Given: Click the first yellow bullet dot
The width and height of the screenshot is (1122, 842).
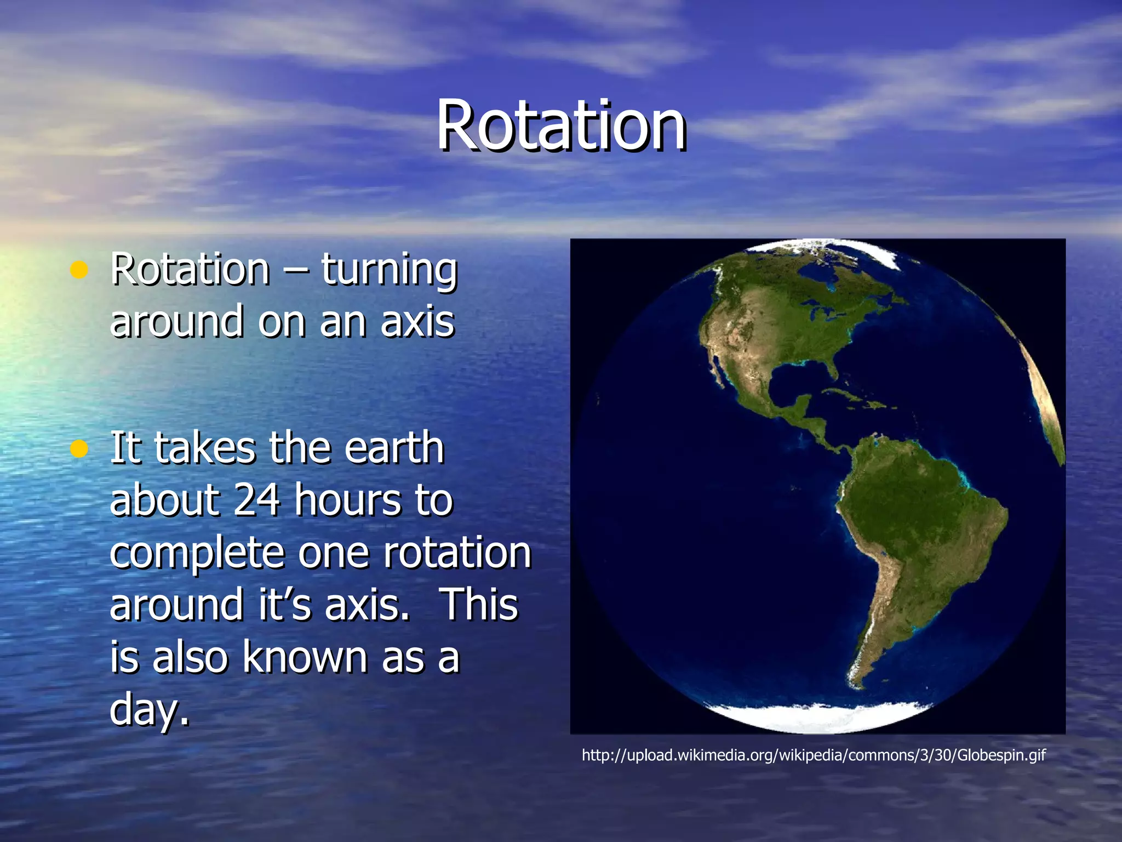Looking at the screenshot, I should pyautogui.click(x=79, y=270).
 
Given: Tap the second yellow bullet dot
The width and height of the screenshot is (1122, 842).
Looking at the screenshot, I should pyautogui.click(x=79, y=449).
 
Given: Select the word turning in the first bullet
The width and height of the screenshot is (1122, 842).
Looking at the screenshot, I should pyautogui.click(x=389, y=270).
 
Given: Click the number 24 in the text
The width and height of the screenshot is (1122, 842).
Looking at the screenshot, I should pyautogui.click(x=257, y=500).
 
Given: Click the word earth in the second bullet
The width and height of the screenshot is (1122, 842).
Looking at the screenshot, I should pyautogui.click(x=394, y=448).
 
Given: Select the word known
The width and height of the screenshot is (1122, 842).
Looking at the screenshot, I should pyautogui.click(x=305, y=657).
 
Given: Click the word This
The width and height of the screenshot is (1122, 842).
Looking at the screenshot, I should pyautogui.click(x=479, y=605).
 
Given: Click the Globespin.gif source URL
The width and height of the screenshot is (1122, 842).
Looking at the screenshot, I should pyautogui.click(x=814, y=755).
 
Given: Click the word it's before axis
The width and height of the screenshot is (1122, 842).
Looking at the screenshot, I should pyautogui.click(x=285, y=605).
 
